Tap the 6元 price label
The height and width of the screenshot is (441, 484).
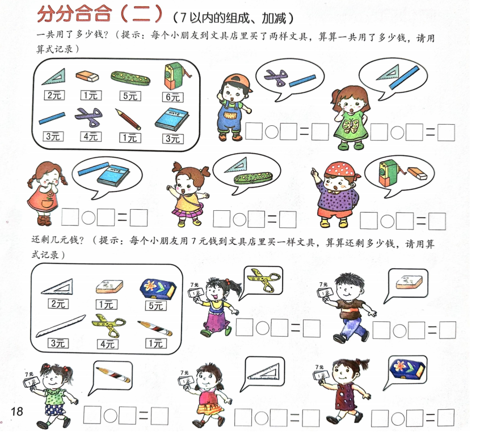click(x=172, y=96)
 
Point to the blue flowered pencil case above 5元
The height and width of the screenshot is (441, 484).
click(x=154, y=286)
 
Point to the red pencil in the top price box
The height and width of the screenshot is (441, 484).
click(x=128, y=119)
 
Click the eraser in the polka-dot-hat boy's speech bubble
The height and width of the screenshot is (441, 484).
click(x=417, y=173)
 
